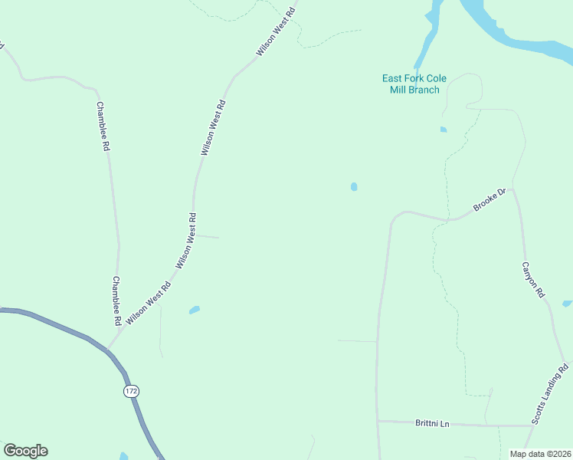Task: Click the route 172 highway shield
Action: (x=131, y=391)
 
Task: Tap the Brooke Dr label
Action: (x=490, y=201)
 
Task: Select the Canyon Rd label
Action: (x=533, y=280)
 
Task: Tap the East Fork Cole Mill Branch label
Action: (x=414, y=84)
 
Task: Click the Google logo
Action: (x=25, y=451)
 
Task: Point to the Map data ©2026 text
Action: (x=539, y=454)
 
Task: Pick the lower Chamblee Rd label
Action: (x=117, y=301)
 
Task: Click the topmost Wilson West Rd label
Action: (x=276, y=31)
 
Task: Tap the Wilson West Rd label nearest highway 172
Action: (x=149, y=303)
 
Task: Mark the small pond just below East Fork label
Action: (x=443, y=130)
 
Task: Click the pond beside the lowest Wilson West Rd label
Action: (x=195, y=310)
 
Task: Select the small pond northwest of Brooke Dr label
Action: (x=354, y=186)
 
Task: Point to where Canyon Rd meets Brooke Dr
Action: (x=512, y=188)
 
